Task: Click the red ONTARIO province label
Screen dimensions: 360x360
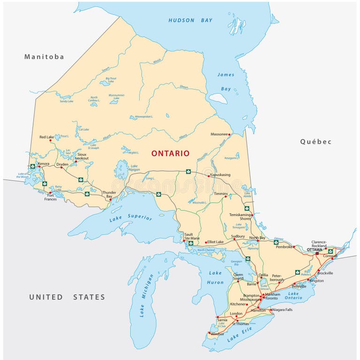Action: [x=170, y=154]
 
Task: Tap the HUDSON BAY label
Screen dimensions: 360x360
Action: [x=190, y=20]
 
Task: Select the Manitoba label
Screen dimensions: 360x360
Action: [x=44, y=57]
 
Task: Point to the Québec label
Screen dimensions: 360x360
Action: [x=316, y=141]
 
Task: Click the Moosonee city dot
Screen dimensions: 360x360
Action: [x=229, y=134]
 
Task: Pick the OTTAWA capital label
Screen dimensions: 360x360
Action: [x=315, y=250]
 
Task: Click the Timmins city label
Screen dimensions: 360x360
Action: [x=220, y=193]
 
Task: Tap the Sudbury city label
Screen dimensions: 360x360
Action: [x=239, y=236]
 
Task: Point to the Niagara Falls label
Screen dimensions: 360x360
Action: [x=283, y=309]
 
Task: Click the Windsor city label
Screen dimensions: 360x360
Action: [x=218, y=334]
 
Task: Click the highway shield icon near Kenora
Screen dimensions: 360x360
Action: [x=32, y=166]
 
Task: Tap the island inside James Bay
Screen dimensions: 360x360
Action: [x=218, y=98]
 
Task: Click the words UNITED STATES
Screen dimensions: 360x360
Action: [x=67, y=297]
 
